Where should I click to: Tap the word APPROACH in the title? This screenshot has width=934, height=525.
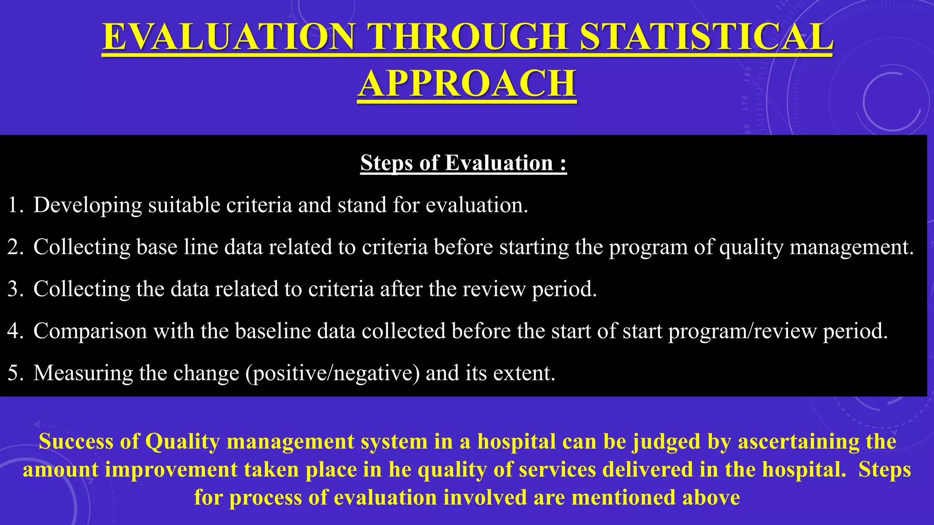pos(467,83)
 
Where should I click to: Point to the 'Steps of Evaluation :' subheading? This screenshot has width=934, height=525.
pos(463,163)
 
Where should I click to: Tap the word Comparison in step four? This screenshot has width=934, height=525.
pos(90,331)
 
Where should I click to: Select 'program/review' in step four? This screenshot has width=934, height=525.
pos(742,331)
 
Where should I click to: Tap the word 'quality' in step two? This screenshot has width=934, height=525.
pos(751,247)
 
